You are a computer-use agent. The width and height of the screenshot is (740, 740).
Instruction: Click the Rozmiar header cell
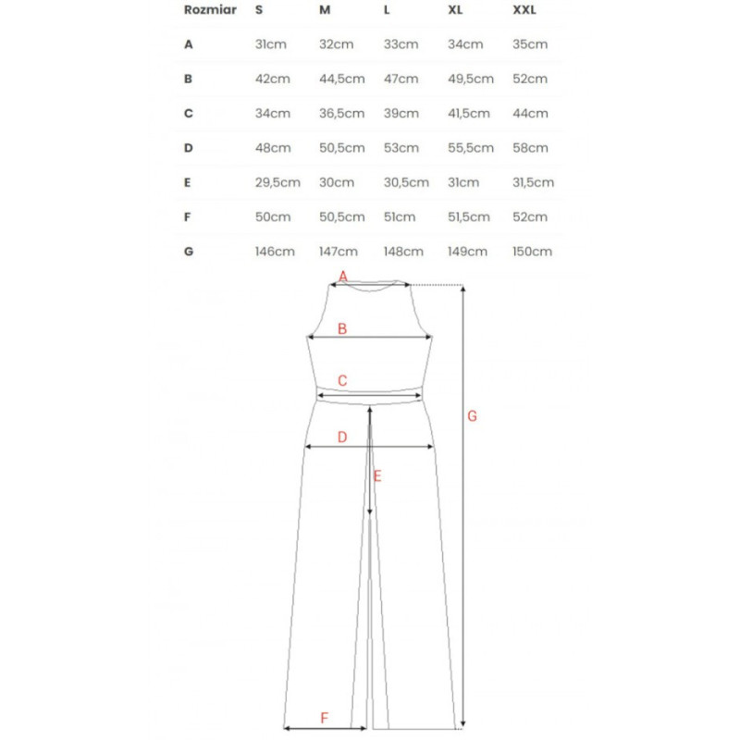click(210, 10)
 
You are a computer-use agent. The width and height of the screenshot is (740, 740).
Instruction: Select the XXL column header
click(524, 10)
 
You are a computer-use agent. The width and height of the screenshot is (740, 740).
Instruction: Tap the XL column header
click(455, 10)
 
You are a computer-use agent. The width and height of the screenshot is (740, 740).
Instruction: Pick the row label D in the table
click(189, 148)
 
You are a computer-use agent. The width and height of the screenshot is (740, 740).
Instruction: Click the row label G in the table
click(189, 252)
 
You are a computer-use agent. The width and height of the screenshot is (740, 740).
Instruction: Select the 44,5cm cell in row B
click(341, 79)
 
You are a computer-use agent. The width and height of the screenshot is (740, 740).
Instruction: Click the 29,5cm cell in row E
click(277, 182)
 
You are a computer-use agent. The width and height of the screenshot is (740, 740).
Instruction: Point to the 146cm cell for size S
click(275, 252)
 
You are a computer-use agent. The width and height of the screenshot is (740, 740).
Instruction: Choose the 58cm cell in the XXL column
click(530, 148)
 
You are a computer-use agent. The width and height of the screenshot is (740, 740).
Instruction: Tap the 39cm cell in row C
click(401, 114)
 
